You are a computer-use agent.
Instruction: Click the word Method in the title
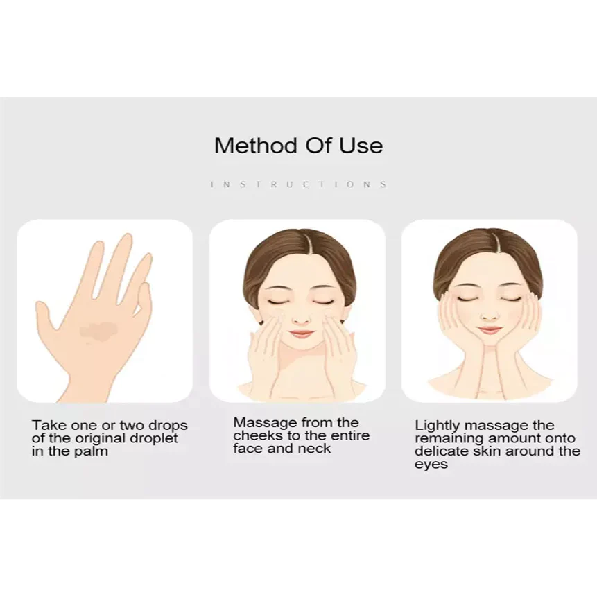(x=255, y=146)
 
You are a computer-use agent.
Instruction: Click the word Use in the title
(x=361, y=146)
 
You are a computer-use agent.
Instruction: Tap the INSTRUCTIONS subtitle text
(x=298, y=184)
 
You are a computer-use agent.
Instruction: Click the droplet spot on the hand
(x=98, y=330)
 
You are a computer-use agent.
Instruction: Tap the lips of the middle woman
(x=302, y=334)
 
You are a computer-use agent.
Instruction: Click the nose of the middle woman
(x=301, y=319)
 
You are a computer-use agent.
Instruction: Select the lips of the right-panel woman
(x=490, y=330)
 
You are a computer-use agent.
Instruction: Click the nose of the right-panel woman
(x=490, y=315)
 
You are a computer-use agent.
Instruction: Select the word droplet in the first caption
(x=154, y=438)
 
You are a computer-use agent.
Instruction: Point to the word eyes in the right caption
(x=431, y=465)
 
